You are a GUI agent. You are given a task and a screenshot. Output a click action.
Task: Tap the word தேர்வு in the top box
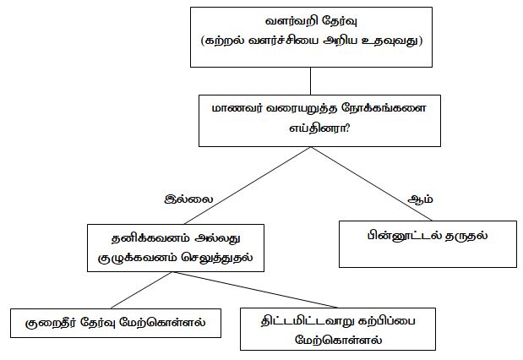pyautogui.click(x=340, y=21)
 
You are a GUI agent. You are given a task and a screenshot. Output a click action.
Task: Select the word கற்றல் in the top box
pyautogui.click(x=224, y=41)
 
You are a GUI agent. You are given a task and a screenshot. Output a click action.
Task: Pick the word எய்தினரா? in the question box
pyautogui.click(x=319, y=128)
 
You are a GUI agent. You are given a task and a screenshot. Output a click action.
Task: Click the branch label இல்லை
pyautogui.click(x=188, y=199)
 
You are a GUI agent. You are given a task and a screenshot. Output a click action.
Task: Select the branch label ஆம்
pyautogui.click(x=420, y=199)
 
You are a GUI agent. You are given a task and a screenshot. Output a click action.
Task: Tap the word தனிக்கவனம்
pyautogui.click(x=150, y=238)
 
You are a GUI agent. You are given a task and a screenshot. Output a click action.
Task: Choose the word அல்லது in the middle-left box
pyautogui.click(x=218, y=238)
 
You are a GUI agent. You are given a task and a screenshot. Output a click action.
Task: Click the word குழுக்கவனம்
pyautogui.click(x=137, y=258)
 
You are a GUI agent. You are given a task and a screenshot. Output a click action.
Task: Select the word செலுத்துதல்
pyautogui.click(x=217, y=258)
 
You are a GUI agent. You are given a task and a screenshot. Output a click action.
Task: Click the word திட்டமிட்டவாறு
pyautogui.click(x=307, y=321)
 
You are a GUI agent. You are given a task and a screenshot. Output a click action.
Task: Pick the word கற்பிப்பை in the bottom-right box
pyautogui.click(x=387, y=321)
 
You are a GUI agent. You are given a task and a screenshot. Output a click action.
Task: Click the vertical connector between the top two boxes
pyautogui.click(x=311, y=81)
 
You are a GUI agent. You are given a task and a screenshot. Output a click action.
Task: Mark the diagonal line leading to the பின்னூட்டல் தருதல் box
pyautogui.click(x=372, y=183)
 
